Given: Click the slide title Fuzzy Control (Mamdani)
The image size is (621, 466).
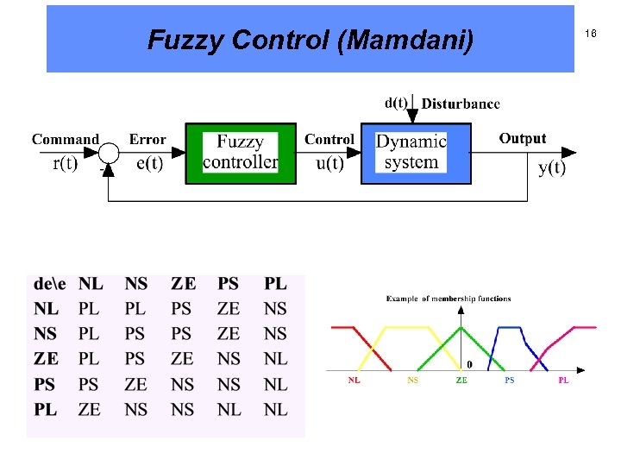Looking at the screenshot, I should click(x=310, y=40).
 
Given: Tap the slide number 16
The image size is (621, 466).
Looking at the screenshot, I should click(x=591, y=34).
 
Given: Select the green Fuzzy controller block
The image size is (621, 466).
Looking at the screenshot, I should click(x=241, y=154).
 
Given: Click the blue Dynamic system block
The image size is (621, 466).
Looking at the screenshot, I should click(x=415, y=154).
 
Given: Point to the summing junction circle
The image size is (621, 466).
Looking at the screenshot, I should click(x=109, y=154).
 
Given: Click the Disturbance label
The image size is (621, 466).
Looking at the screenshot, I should click(x=461, y=104).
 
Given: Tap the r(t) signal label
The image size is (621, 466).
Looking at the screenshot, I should click(x=65, y=166).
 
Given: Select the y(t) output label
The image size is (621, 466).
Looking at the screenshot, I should click(x=552, y=167).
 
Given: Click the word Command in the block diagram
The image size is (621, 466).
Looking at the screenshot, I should click(x=66, y=139).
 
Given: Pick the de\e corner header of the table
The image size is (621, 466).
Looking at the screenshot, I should click(x=49, y=283).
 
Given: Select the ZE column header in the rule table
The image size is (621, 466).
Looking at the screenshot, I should click(x=183, y=283).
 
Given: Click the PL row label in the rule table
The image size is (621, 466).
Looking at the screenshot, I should click(x=47, y=409).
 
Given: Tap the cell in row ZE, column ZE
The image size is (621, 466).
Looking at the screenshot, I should click(x=183, y=358).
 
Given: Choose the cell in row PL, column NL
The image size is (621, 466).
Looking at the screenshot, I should click(x=90, y=409).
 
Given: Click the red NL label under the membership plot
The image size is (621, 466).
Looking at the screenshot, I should click(x=354, y=381).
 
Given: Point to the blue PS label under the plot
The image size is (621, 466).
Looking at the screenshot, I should click(x=509, y=381).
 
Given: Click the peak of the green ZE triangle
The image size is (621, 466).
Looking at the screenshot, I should click(x=462, y=326).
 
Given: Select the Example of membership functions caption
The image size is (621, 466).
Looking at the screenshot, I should click(x=448, y=299).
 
